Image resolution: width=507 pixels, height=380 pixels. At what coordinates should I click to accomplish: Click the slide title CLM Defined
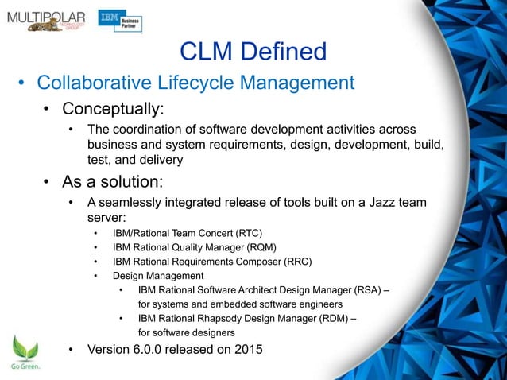coord(253,52)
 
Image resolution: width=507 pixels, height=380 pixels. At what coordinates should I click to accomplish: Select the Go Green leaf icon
coord(25,349)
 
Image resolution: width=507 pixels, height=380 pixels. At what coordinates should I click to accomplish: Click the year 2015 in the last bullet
coord(246,349)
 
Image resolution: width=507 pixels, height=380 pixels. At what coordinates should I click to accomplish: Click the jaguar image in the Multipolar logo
coord(44,26)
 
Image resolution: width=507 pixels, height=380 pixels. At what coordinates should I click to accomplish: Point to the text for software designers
coord(187,332)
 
